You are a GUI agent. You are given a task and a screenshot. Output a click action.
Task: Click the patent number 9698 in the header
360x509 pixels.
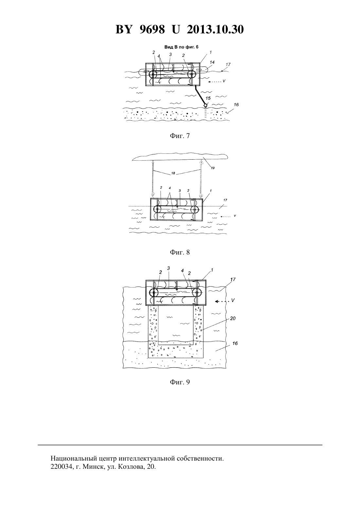(152, 29)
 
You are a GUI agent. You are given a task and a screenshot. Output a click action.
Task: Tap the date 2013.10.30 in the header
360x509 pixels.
(215, 29)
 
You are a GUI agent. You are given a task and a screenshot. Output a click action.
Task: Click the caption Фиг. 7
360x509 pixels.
(180, 136)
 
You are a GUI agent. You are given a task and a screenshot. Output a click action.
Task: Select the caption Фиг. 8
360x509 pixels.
(180, 252)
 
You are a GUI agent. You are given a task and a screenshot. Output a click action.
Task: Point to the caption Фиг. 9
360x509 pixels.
(180, 382)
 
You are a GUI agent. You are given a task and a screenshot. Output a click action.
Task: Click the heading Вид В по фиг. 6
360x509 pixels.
(181, 47)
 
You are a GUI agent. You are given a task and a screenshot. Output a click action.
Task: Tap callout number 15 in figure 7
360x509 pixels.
(208, 98)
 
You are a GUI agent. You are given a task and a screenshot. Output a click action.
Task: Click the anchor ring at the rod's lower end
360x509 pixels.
(206, 105)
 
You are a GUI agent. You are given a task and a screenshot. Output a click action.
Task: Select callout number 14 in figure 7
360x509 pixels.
(212, 62)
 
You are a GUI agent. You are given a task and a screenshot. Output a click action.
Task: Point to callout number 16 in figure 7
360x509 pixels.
(236, 105)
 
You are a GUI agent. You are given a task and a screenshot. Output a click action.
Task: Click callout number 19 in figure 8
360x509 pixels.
(213, 168)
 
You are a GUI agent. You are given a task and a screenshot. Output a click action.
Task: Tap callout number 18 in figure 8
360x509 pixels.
(173, 173)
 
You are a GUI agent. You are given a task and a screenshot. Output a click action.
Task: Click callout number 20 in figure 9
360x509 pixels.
(233, 318)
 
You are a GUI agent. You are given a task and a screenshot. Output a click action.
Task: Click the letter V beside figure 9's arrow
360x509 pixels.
(233, 300)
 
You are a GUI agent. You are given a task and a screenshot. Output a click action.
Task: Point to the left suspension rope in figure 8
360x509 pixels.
(153, 178)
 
